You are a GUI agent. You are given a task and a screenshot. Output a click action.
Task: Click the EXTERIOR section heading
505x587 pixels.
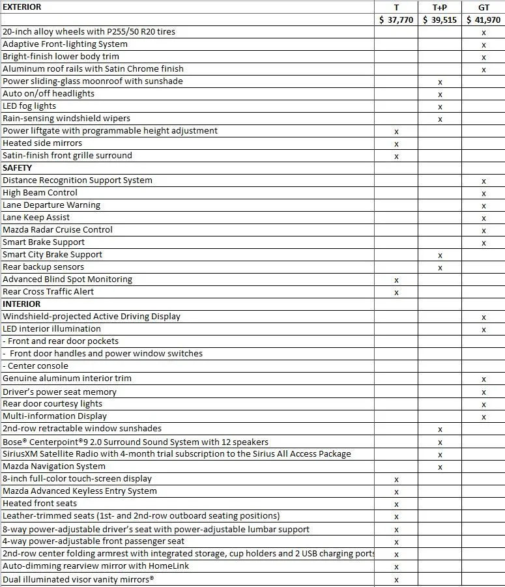(x=22, y=7)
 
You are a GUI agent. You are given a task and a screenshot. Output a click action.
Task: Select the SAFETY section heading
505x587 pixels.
(x=18, y=168)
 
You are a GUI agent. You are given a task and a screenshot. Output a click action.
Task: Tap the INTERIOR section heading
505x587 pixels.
(x=22, y=304)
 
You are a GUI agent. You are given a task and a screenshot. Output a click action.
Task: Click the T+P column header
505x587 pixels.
(x=440, y=7)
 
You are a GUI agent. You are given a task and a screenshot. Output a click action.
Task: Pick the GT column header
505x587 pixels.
(x=483, y=7)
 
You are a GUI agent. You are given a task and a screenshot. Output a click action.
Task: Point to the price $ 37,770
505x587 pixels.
(x=396, y=20)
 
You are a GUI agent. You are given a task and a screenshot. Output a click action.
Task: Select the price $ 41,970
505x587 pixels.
(x=483, y=20)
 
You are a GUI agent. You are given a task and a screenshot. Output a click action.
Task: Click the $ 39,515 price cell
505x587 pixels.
(x=440, y=20)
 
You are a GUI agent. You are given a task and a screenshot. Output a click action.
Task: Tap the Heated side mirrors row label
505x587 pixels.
(x=42, y=143)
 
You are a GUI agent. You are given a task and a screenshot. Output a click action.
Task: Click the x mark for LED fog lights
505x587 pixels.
(x=440, y=107)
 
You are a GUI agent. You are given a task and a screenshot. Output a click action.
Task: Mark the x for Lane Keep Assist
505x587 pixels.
(x=483, y=218)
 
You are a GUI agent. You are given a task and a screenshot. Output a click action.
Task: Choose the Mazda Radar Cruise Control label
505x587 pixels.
(x=57, y=230)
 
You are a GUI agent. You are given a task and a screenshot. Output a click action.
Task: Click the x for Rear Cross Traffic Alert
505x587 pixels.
(x=396, y=293)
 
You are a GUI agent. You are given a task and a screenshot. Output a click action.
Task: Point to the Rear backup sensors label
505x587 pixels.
(x=43, y=267)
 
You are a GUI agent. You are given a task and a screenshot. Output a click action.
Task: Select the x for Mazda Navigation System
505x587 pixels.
(x=440, y=467)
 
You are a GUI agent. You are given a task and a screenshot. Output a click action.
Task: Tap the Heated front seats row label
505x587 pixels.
(x=40, y=504)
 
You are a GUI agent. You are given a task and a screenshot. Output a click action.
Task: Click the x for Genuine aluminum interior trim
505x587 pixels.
(x=483, y=380)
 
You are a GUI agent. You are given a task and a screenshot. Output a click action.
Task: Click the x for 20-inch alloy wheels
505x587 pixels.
(x=483, y=33)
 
